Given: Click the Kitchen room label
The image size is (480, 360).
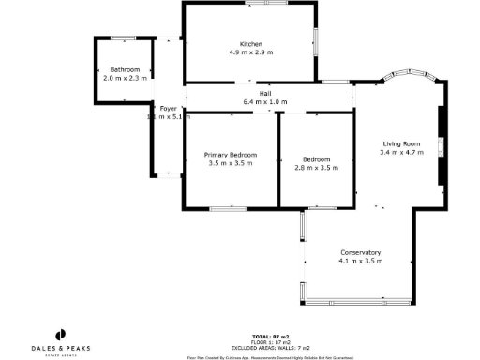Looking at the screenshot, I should coord(250,44).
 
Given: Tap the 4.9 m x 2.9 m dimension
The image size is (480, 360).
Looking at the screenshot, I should coord(250,52).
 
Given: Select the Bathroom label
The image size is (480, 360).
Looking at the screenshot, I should coord(125,69).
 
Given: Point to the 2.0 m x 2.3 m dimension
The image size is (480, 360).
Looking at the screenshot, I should coord(125,78).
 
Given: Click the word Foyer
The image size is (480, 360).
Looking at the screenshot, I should coord(168,109).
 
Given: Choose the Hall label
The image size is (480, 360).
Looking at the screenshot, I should coord(265,93).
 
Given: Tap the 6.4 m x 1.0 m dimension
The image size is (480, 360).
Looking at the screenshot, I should coord(265,101).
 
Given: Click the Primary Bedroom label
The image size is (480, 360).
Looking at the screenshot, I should coord(231,155).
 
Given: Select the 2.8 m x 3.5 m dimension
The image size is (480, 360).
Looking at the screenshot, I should coord(316,167).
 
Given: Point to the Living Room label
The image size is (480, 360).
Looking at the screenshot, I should coord(399,143).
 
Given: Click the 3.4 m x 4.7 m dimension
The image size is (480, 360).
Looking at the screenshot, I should coord(399,152).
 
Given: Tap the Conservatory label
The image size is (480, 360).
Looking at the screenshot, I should coord(361,252).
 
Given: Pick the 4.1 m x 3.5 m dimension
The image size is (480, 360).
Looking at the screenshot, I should coord(361,261).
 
